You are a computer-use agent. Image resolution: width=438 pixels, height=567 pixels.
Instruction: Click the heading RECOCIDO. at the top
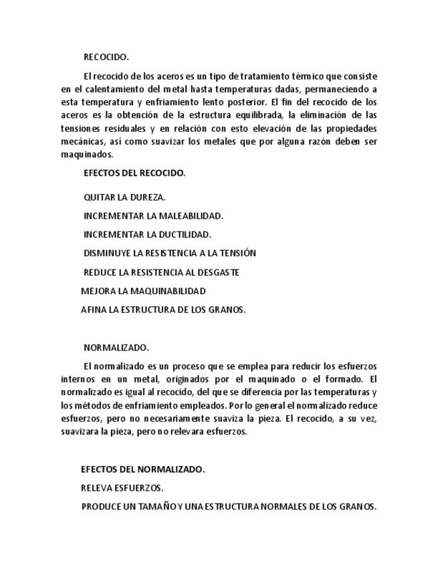106,58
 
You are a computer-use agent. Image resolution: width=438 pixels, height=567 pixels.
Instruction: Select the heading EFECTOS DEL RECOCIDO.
134,173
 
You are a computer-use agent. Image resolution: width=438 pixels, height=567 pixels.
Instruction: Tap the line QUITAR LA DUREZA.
124,197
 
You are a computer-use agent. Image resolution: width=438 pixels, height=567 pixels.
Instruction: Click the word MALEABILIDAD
191,216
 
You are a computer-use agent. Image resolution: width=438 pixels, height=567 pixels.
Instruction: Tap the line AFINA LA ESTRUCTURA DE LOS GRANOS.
163,310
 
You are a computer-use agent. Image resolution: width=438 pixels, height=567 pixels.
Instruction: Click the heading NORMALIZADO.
116,348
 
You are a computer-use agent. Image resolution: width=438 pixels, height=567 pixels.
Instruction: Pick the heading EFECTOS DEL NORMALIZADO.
142,469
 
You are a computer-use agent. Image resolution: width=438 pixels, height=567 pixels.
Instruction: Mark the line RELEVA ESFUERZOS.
122,488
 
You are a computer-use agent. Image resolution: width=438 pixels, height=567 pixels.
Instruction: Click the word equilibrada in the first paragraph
249,116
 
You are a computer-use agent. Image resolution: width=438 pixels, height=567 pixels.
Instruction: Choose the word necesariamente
177,419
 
